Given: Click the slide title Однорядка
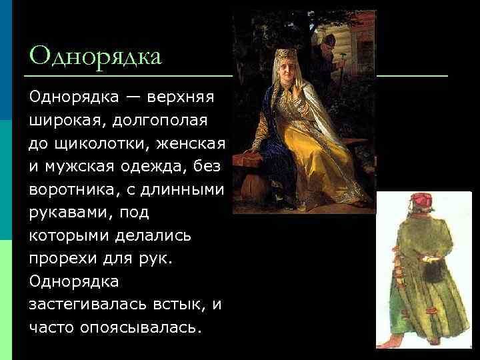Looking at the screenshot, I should coord(96,56).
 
